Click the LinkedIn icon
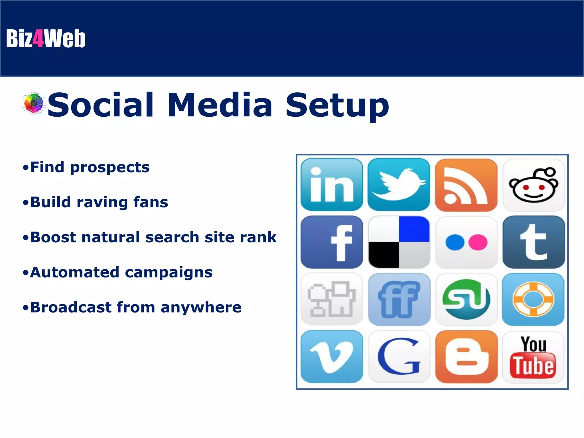pos(332,185)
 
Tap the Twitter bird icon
pos(399,185)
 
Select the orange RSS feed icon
pos(466,185)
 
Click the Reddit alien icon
pos(534,185)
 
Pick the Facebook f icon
pos(332,242)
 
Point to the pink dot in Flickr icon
pos(478,242)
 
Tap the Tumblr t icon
pos(534,242)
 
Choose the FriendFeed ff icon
pos(399,299)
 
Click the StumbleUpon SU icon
pos(466,299)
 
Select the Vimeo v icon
pos(332,357)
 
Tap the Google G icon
pos(399,357)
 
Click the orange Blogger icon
pos(466,357)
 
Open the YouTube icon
pos(533,357)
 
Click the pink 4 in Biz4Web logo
pos(38,39)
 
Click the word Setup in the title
pos(337,105)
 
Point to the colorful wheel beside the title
pos(34,103)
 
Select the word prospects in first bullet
pos(110,167)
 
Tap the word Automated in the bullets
pos(74,272)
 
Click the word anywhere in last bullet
pos(201,307)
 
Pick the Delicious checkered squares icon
pos(399,242)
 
